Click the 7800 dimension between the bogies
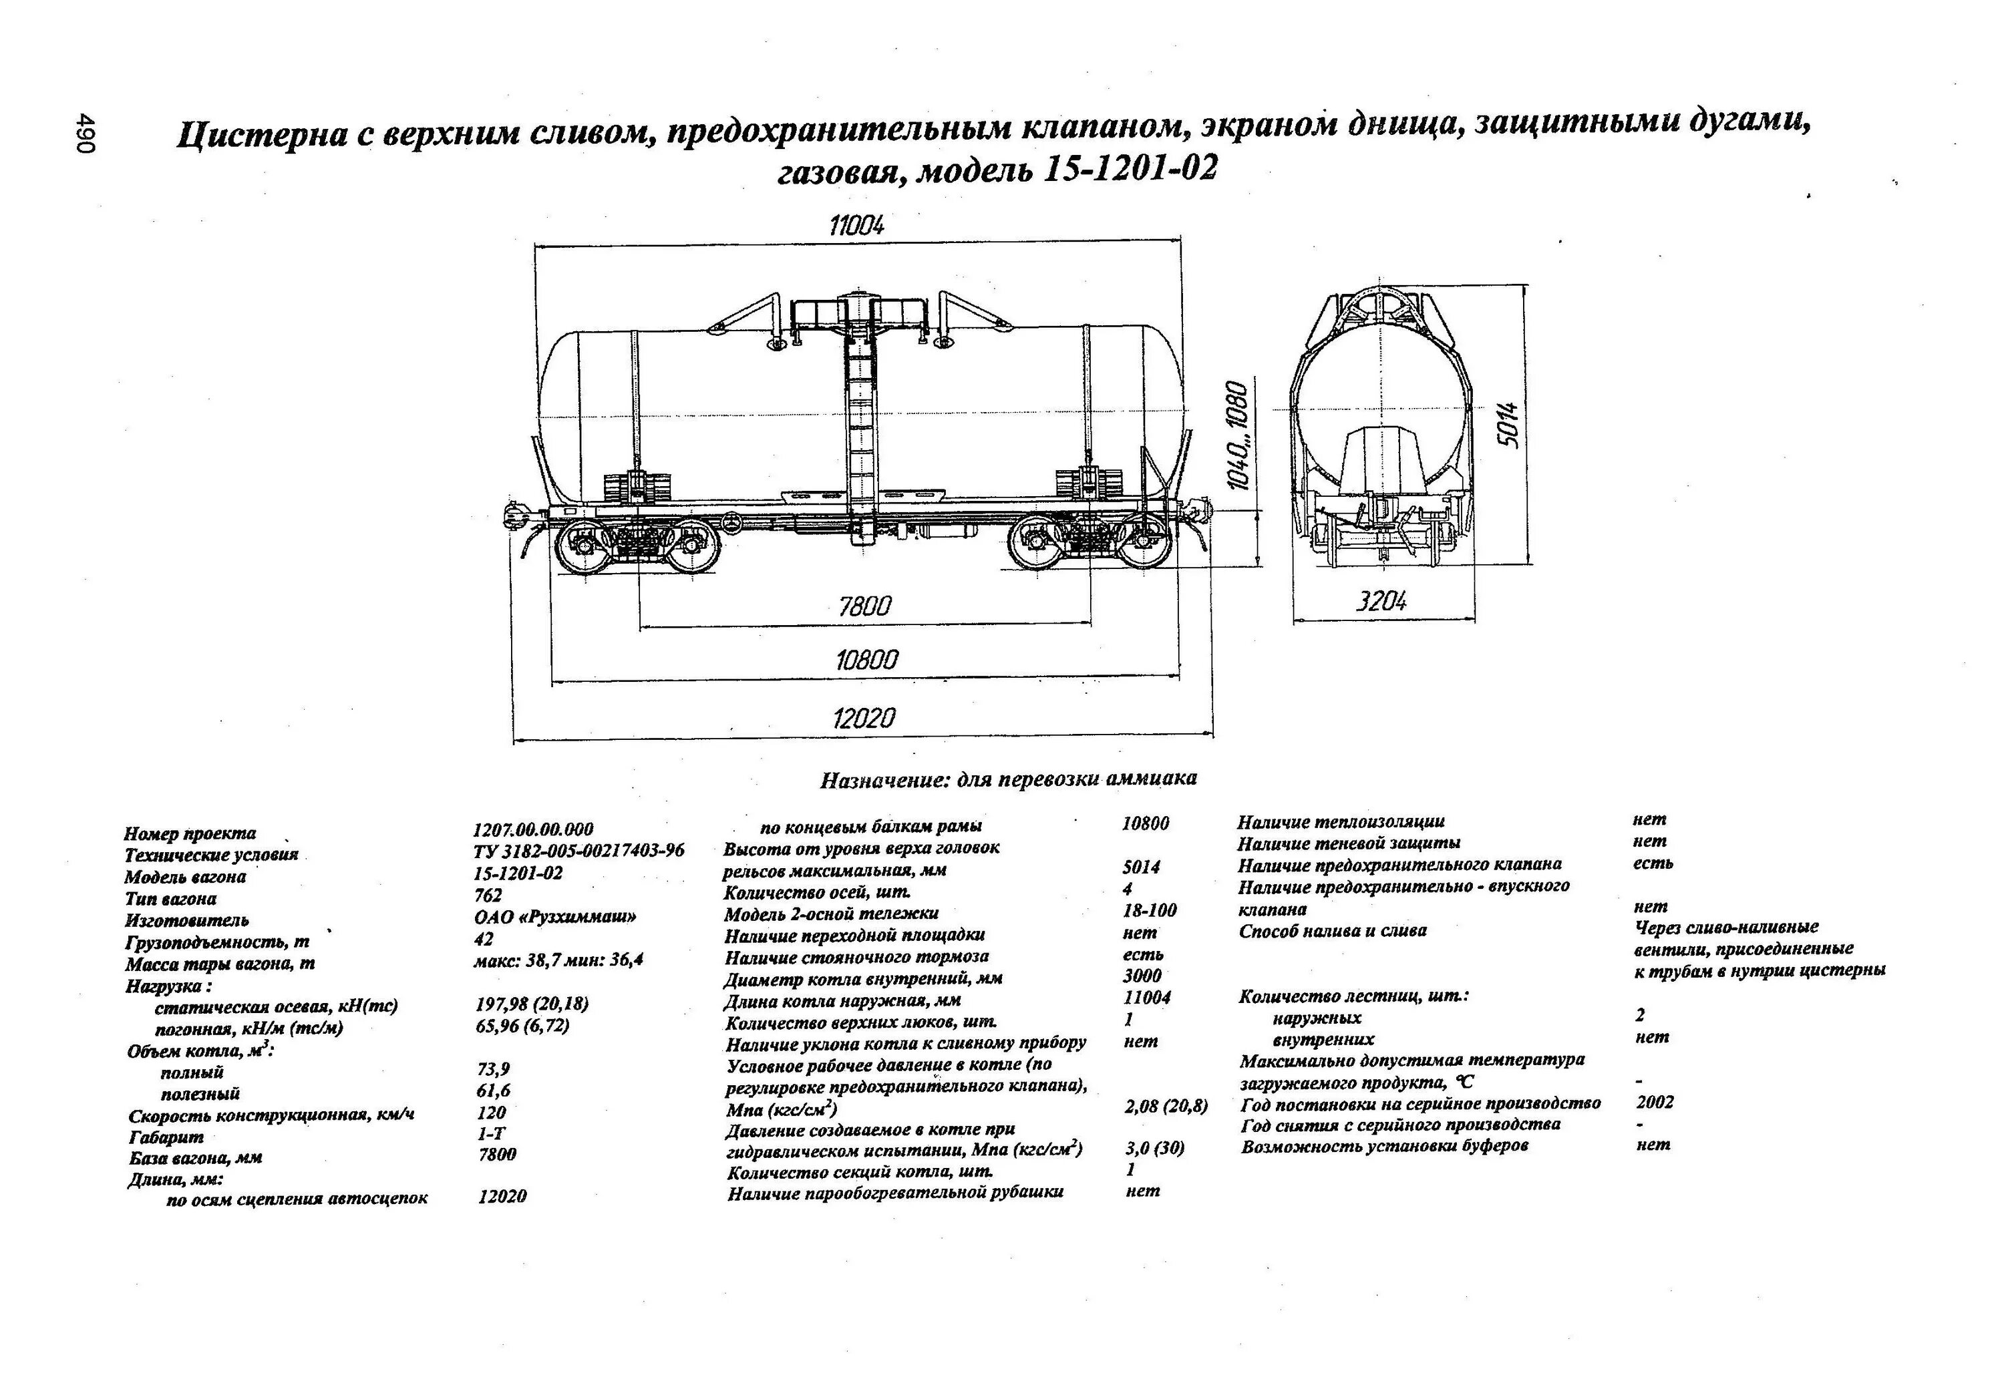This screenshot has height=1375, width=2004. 865,606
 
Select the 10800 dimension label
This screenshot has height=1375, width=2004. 866,660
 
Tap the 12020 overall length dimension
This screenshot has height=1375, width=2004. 864,718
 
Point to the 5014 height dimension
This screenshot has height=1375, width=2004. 1506,424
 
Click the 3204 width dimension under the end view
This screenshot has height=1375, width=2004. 1381,601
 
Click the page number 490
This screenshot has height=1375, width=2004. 86,132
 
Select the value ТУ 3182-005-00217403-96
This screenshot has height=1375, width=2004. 578,851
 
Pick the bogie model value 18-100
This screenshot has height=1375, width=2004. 1150,910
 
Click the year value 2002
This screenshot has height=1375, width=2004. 1655,1102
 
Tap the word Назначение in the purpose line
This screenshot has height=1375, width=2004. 881,781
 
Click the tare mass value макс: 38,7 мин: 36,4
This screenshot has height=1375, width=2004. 558,960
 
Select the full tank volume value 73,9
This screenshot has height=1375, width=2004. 493,1069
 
